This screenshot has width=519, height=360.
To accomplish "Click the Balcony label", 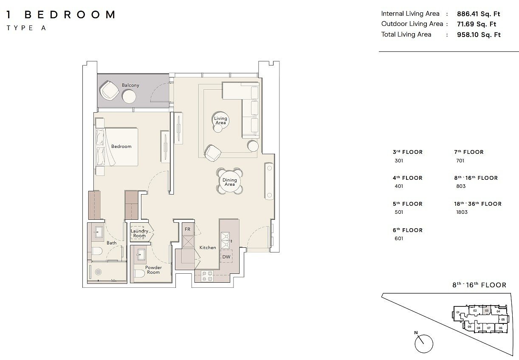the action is pyautogui.click(x=130, y=85).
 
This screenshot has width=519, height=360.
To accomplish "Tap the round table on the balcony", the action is pyautogui.click(x=129, y=96).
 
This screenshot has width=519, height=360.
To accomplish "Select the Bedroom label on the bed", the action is pyautogui.click(x=121, y=146).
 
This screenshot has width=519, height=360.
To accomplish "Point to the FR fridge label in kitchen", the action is pyautogui.click(x=187, y=229).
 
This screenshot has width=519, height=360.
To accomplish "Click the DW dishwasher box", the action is pyautogui.click(x=226, y=256).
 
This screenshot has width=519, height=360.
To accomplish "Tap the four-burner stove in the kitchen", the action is pyautogui.click(x=207, y=276).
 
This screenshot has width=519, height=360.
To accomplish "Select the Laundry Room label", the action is pyautogui.click(x=139, y=233).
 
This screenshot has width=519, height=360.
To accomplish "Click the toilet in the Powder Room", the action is pyautogui.click(x=139, y=274).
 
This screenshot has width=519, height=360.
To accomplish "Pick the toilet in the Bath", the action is pyautogui.click(x=97, y=251).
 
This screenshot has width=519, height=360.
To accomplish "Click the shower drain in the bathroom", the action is pyautogui.click(x=98, y=272).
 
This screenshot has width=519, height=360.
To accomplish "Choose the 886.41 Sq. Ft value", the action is pyautogui.click(x=479, y=14).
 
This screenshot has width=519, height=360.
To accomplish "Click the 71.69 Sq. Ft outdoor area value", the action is pyautogui.click(x=477, y=24).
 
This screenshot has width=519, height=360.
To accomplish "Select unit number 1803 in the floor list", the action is pyautogui.click(x=462, y=212).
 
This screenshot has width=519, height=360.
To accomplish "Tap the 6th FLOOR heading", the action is pyautogui.click(x=408, y=230).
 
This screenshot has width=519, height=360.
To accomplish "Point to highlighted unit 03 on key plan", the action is pyautogui.click(x=487, y=311).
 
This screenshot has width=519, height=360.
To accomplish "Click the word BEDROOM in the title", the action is pyautogui.click(x=70, y=14).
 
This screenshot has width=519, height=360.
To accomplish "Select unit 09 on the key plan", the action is pyautogui.click(x=469, y=327).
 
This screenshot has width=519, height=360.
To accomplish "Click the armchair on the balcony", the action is pyautogui.click(x=109, y=91).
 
